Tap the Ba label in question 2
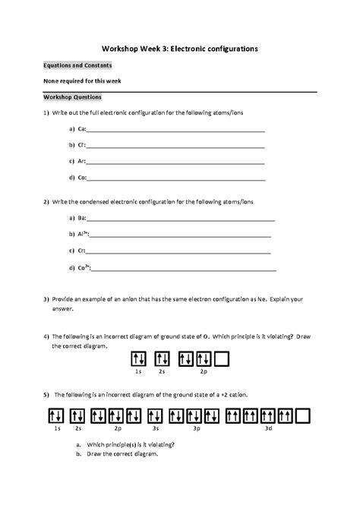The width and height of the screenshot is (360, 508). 82,219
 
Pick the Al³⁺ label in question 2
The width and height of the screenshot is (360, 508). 84,235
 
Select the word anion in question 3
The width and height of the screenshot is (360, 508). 122,300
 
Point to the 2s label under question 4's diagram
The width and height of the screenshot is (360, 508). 162,372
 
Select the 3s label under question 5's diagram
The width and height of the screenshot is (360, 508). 155,429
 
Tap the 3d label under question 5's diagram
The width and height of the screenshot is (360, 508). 268,429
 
